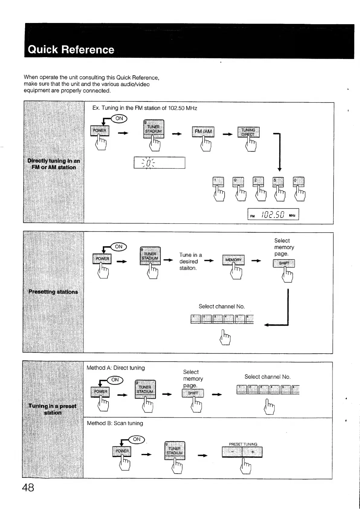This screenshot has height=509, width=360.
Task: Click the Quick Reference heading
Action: point(71,50)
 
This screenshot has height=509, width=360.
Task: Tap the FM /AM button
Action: point(203,132)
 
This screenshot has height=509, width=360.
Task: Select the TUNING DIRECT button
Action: point(248,132)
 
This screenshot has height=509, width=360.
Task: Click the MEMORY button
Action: point(233,260)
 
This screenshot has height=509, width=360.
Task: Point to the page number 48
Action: point(28,488)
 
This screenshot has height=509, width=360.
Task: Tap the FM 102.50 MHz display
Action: point(273,214)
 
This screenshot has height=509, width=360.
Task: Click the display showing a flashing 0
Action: point(159,163)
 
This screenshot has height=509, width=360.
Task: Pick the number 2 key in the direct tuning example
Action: point(258,181)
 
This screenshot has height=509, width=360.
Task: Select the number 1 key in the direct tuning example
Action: point(219,181)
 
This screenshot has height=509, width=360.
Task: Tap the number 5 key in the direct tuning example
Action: point(278,181)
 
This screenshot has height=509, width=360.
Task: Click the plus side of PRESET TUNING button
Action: point(252,452)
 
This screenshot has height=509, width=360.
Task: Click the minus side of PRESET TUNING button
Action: point(232,452)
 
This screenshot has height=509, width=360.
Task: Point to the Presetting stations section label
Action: point(53,292)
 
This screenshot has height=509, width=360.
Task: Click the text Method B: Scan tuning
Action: point(115,423)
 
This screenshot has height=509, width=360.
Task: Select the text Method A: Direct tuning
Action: point(116,368)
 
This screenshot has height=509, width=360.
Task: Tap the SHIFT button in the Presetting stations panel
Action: point(284,263)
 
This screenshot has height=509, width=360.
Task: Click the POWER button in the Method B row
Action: point(122,451)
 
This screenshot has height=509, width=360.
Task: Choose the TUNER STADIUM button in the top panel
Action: point(154,129)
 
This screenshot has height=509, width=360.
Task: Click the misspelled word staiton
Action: point(188,268)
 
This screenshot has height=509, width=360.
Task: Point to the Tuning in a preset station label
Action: point(53,409)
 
